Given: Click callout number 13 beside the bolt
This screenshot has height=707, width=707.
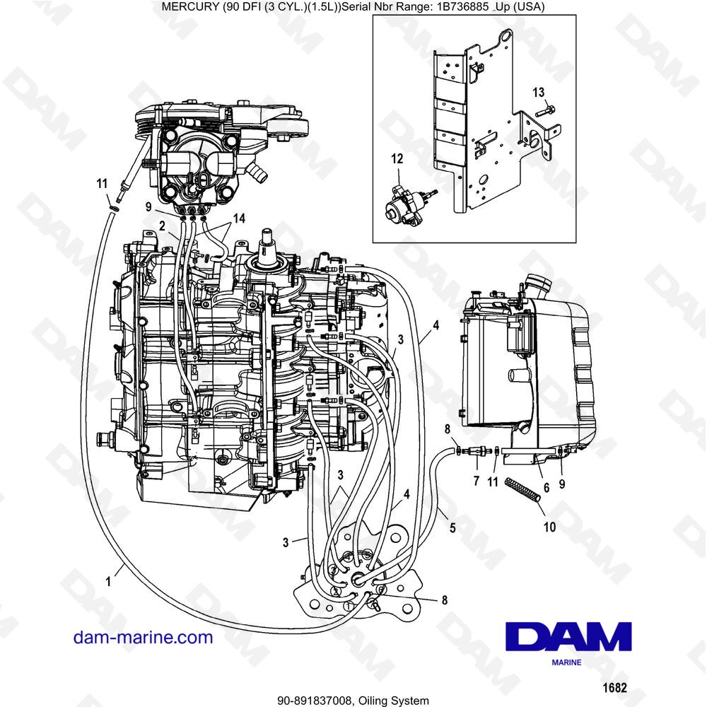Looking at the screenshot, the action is click(x=538, y=93).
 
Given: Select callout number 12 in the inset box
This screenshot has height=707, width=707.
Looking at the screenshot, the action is click(x=397, y=158).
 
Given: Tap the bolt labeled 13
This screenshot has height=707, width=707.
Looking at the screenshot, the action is click(x=546, y=110).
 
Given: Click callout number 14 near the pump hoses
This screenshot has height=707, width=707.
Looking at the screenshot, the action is click(x=239, y=218).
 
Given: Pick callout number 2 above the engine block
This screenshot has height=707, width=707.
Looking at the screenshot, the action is click(x=162, y=226).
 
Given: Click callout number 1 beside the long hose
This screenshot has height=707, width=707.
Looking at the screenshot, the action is click(x=108, y=582).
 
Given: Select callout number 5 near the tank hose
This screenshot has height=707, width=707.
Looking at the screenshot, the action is click(x=452, y=527).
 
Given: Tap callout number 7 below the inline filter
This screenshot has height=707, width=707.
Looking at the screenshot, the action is click(x=476, y=481).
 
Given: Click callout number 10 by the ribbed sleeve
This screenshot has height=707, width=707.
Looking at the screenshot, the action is click(x=549, y=527).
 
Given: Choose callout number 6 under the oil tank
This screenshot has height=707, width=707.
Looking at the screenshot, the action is click(x=547, y=487).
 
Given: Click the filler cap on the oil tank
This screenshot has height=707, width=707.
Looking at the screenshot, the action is click(x=538, y=284).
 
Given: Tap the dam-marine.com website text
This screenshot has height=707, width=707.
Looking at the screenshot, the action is click(x=143, y=637).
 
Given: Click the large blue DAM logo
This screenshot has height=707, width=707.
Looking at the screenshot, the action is click(x=568, y=636).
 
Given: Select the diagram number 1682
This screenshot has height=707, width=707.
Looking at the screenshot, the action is click(x=614, y=688).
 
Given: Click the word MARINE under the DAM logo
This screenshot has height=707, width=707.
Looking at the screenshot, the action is click(x=567, y=662).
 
